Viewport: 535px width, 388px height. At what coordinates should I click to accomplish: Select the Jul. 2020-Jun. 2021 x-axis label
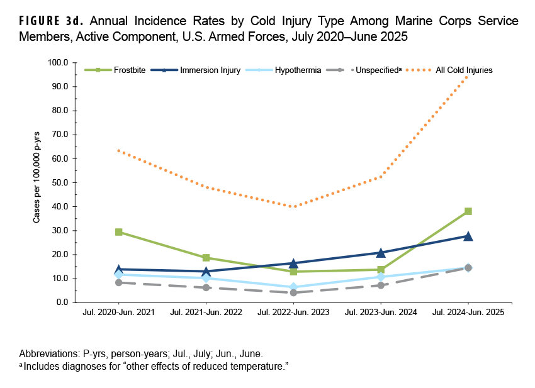point(118,313)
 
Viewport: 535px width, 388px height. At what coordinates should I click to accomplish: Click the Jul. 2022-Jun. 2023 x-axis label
point(293,313)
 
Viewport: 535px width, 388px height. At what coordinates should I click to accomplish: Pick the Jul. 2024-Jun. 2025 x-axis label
point(468,313)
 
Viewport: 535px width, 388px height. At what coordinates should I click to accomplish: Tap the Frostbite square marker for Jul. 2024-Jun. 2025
point(468,211)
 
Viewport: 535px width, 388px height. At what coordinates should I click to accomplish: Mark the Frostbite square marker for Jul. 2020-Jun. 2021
point(118,232)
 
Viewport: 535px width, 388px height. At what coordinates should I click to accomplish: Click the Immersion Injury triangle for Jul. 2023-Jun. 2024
point(381,252)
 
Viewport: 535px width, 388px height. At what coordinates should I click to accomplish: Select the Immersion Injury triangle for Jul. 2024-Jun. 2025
point(468,236)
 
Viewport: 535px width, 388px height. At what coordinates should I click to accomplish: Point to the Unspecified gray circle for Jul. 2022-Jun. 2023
point(293,292)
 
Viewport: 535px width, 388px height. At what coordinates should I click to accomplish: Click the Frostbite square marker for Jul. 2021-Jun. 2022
point(206,258)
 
